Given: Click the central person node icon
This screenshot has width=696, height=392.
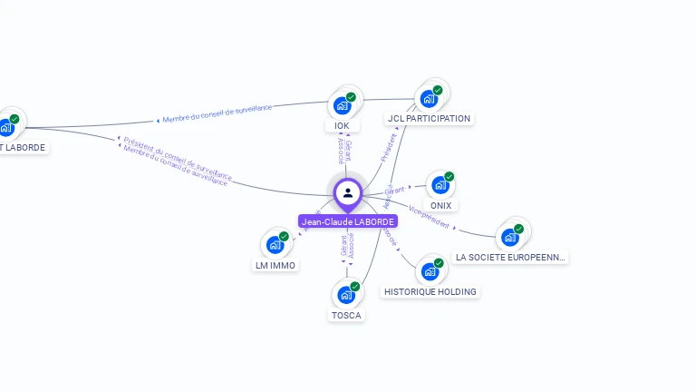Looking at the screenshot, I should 348,192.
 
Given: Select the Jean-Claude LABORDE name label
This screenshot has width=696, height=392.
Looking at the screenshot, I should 348,221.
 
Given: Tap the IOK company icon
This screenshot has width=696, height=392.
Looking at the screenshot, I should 343,105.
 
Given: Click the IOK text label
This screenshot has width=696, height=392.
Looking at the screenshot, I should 342,126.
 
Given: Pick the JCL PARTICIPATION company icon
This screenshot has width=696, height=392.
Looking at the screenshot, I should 429,98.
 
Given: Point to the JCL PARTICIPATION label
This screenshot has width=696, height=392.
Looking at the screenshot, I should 429,118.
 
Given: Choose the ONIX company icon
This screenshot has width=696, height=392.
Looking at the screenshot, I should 440,185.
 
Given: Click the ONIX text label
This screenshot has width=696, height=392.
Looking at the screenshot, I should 440,205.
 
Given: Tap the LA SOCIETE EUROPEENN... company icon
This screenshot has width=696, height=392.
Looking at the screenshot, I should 510,237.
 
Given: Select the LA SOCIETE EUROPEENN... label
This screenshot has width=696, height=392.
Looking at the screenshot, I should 511,257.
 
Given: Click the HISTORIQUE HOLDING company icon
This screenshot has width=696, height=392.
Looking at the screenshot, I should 430,271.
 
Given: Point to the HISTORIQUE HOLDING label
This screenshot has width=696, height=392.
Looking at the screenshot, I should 430,291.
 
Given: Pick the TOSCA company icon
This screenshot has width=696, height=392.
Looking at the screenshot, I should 346,295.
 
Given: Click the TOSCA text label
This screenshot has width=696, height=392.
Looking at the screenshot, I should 346,315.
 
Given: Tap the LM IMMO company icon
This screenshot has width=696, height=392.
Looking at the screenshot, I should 275,245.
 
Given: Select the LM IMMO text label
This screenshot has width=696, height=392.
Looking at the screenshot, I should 275,265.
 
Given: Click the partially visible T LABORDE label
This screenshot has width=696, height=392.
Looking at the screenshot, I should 23,147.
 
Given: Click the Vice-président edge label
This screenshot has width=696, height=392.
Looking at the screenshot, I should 429,218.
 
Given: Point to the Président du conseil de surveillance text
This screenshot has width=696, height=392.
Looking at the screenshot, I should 178,157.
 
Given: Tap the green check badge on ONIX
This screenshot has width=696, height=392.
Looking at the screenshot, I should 449,176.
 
